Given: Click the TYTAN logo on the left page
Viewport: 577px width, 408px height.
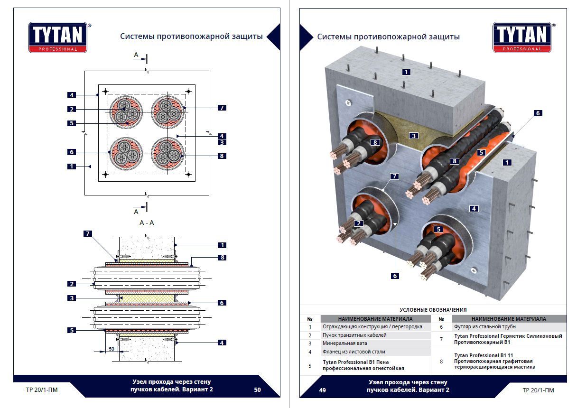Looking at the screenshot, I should coord(58,37).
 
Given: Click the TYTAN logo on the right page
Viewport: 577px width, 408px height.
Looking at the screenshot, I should coord(522,37).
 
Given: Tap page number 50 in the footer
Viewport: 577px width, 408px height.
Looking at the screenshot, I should coord(257,390).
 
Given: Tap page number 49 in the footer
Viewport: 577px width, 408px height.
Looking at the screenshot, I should coord(322,390).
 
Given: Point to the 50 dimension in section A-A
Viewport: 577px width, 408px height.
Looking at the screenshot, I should coord(111,349).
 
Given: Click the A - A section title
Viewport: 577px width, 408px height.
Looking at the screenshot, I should coord(146,223).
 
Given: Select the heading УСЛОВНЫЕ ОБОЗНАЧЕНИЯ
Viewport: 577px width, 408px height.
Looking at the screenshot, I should coord(433,310).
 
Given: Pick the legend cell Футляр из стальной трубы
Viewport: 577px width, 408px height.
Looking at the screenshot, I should coord(486,327).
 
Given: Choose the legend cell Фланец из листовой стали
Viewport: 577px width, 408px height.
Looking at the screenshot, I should coord(354,352).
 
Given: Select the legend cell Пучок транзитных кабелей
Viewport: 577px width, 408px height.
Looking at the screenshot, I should coord(354,335).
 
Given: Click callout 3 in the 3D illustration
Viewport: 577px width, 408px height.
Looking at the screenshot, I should coord(414,136).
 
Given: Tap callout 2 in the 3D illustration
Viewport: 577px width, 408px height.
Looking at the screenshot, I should coord(359,223).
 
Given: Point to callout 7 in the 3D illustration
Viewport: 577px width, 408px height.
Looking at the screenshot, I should coord(394,176).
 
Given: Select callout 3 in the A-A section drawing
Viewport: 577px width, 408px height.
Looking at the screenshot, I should coord(72,298).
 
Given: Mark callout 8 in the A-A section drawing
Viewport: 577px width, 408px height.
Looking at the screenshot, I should coord(221,258).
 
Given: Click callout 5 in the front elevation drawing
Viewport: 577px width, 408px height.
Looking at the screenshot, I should coord(72,123).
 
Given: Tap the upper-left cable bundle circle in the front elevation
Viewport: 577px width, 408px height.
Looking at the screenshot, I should coord(126,112).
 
